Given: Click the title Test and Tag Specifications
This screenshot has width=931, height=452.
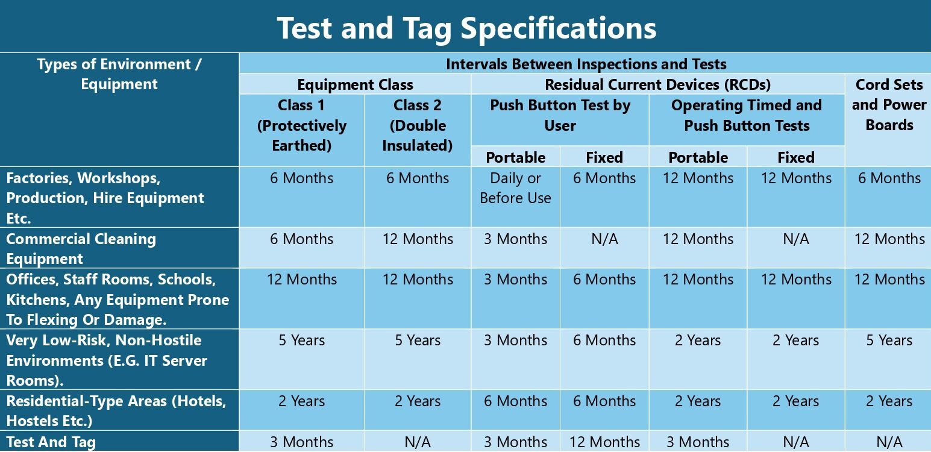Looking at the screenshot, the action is [466, 28].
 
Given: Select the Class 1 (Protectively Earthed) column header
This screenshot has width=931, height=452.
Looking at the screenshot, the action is [302, 125].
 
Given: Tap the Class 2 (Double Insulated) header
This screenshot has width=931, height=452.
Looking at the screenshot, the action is [417, 125].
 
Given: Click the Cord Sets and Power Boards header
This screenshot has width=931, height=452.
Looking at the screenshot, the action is [889, 105].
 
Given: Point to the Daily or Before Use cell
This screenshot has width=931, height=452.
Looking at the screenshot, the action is [515, 188].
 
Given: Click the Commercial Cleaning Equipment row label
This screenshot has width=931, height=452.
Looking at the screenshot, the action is [81, 249].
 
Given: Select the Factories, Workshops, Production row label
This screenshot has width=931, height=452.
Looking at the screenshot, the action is [105, 198].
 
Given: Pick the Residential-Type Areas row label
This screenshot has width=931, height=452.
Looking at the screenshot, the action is [116, 411].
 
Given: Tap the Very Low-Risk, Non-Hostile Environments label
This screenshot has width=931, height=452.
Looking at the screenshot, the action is [107, 360].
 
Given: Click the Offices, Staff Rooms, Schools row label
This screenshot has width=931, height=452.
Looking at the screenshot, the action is [118, 300].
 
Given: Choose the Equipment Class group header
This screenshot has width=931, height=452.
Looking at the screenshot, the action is [355, 84].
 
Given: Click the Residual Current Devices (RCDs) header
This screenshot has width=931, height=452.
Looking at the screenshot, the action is [658, 84].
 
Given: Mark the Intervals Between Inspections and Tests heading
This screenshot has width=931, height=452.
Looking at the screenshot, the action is [586, 64].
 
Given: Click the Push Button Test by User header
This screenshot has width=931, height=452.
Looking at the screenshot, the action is [560, 115].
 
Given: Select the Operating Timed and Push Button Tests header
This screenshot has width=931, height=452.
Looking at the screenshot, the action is [747, 115].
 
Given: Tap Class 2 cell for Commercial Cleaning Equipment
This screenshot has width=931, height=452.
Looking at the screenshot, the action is [418, 239].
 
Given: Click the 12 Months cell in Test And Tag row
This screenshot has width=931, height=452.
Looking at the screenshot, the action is [604, 442].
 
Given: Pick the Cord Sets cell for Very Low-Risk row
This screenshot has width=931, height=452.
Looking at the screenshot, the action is [889, 340].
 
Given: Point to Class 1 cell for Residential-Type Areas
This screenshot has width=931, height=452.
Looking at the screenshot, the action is [302, 401].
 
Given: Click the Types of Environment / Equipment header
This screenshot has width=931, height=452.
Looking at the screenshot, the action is [119, 74].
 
